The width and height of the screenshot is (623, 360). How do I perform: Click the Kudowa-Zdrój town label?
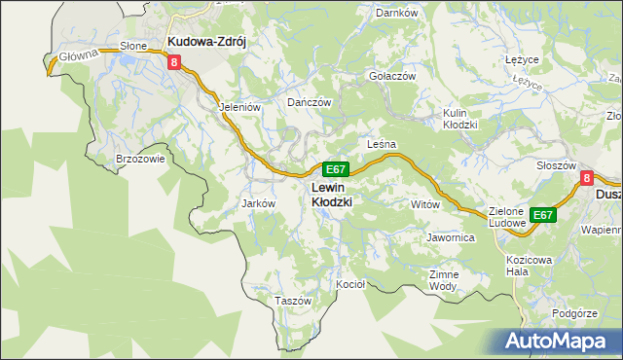[x=209, y=42]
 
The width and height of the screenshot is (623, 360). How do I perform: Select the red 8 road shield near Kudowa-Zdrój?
[x=174, y=62]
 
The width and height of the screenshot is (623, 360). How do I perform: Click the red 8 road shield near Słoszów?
[x=586, y=178]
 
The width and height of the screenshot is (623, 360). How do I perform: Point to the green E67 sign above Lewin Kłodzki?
[x=335, y=169]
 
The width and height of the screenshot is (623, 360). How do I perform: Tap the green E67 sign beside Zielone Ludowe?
[x=543, y=215]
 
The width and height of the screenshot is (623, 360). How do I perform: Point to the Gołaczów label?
[x=392, y=76]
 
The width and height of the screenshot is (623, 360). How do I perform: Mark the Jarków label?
[x=259, y=203]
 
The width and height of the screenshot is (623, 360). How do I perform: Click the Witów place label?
[x=425, y=204]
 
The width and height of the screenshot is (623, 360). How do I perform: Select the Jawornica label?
[x=450, y=236]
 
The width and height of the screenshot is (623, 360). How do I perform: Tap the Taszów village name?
[x=292, y=301]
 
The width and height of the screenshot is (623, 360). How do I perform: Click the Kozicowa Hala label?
[x=530, y=266]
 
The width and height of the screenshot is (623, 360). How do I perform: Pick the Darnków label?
[x=396, y=13]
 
